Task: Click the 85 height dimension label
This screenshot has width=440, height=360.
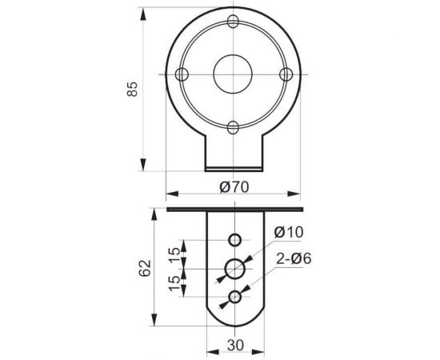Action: click(x=132, y=90)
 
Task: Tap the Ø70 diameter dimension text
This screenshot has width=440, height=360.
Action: click(x=234, y=187)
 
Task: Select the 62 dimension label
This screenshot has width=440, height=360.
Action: click(x=145, y=268)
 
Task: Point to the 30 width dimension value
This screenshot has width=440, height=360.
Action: click(x=235, y=346)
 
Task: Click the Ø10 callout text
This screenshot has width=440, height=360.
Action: click(x=289, y=232)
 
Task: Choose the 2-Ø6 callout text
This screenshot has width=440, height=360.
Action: click(x=294, y=258)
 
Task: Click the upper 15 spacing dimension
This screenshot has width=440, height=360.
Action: click(x=175, y=255)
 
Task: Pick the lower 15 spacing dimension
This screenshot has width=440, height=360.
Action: click(x=175, y=283)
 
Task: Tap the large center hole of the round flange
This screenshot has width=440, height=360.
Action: click(x=233, y=74)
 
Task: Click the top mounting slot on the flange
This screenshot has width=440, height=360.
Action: click(x=233, y=21)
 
